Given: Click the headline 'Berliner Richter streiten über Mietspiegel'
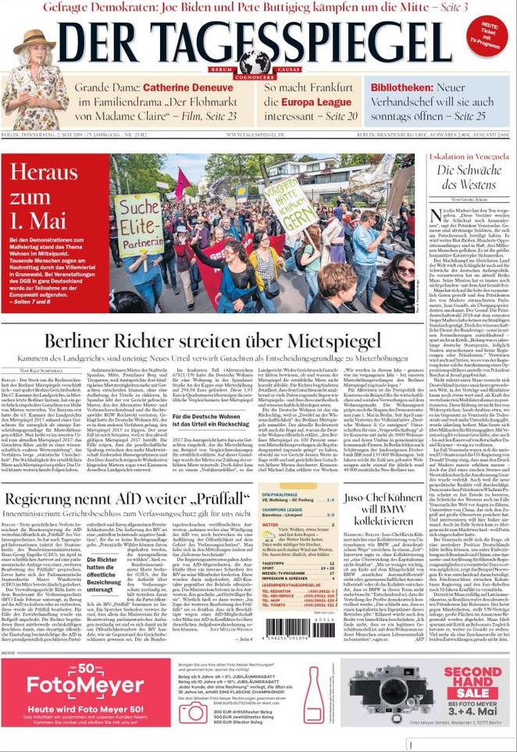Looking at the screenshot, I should (212, 341).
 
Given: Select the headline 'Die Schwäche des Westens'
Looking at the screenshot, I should (466, 177).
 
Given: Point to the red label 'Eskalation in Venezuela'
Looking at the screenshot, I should (466, 157).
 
